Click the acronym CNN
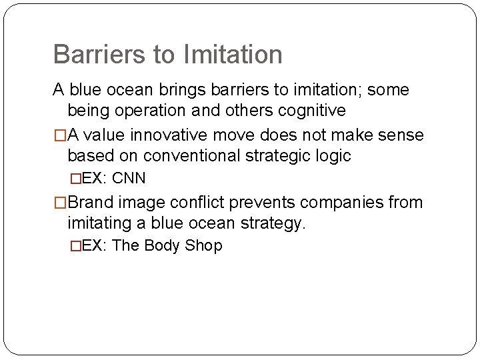point(130,179)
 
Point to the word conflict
point(199,202)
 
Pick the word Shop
point(205,245)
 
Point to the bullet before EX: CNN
point(75,179)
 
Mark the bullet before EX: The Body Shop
point(75,246)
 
